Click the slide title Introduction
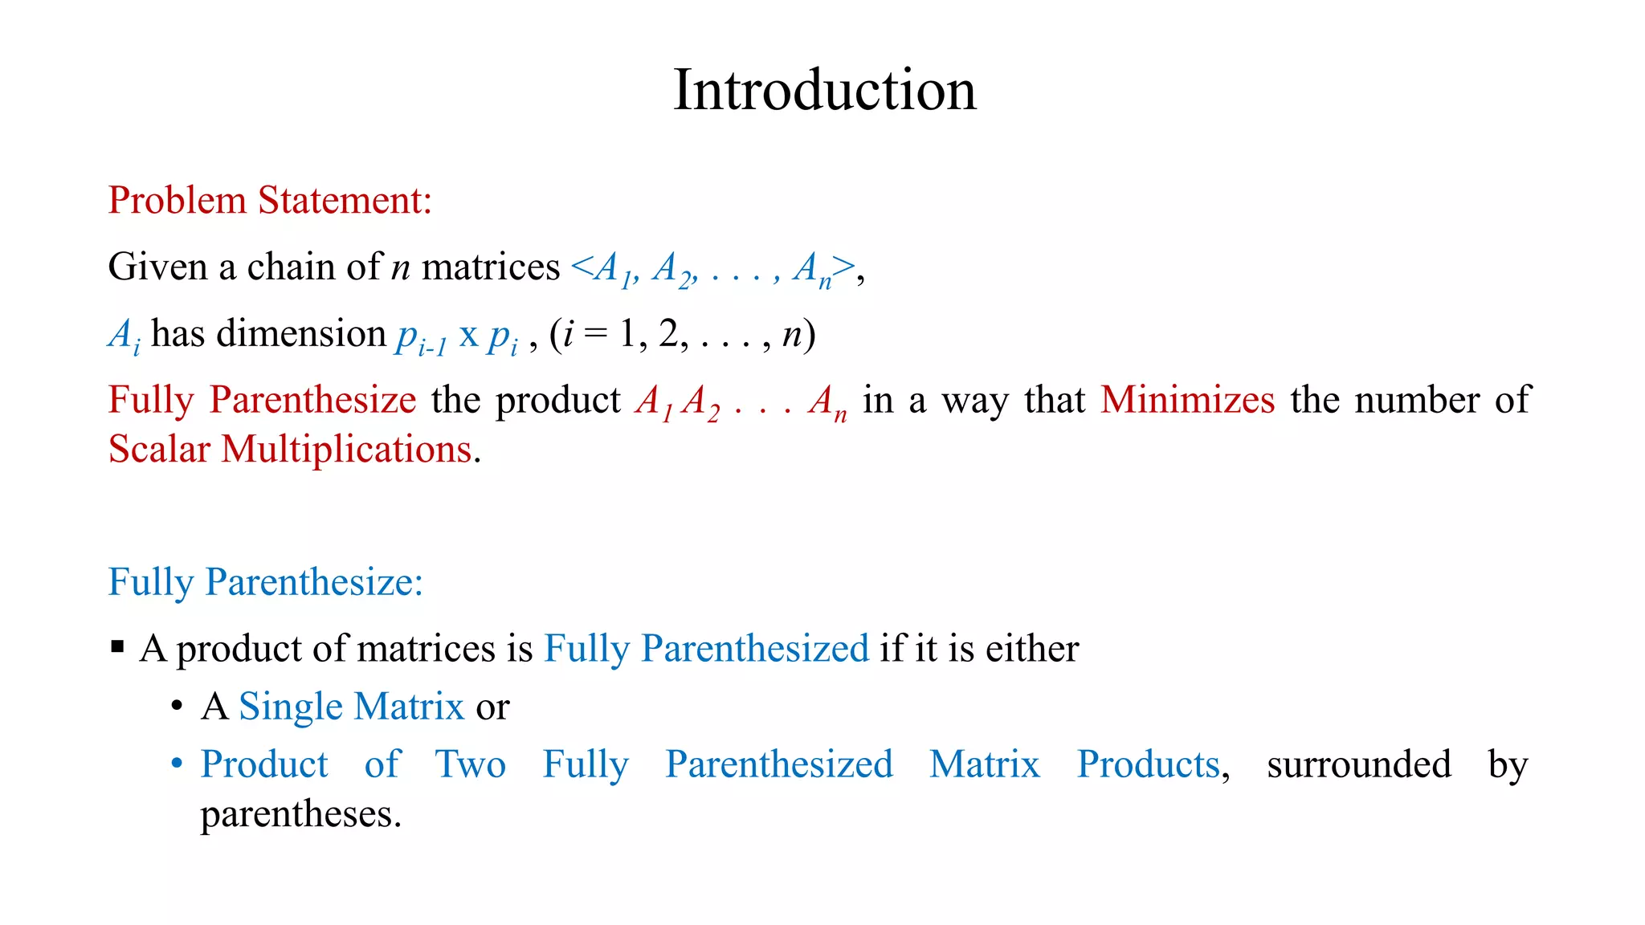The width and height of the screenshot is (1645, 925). point(824,90)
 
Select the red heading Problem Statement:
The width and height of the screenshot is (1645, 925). point(270,200)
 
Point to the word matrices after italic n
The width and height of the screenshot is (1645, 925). point(490,267)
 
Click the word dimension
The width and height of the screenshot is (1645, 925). point(301,333)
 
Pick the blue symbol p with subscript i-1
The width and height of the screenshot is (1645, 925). point(420,336)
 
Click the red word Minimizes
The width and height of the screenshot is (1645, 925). point(1187,400)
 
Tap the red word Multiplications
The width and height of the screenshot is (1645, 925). point(346,450)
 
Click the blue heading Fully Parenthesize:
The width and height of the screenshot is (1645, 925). point(265,582)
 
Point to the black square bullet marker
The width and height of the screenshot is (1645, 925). point(118,646)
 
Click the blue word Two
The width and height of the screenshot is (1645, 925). point(470,764)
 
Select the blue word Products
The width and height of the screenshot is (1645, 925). point(1148,764)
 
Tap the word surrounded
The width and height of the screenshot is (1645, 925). point(1358,764)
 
